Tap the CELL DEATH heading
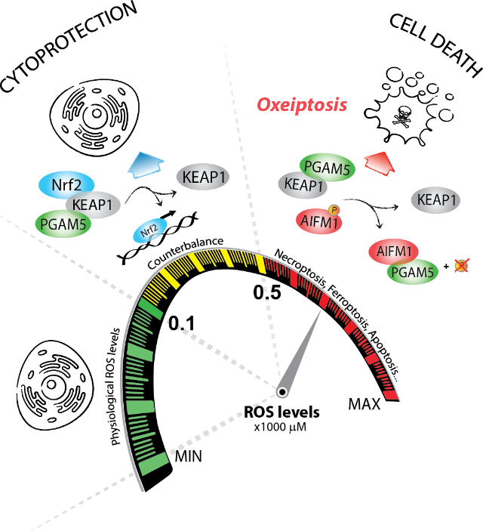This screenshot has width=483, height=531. [435, 45]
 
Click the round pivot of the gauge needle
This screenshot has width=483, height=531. [281, 391]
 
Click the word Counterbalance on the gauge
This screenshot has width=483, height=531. [186, 252]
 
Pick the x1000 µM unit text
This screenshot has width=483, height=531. [281, 428]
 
